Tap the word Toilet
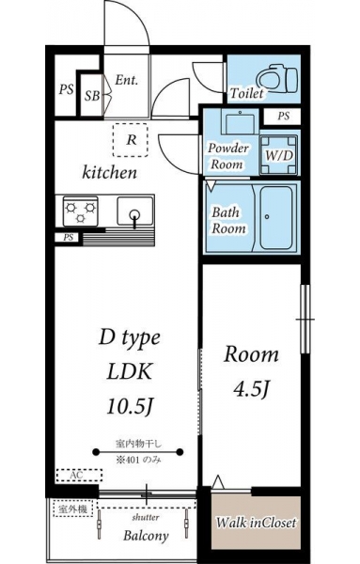click(x=246, y=93)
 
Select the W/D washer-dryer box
click(x=279, y=155)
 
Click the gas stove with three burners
click(x=80, y=211)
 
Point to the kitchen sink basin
click(x=134, y=211)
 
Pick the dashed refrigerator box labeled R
click(x=131, y=140)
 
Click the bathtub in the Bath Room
click(x=275, y=217)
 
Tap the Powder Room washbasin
click(x=240, y=121)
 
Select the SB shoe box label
click(x=92, y=96)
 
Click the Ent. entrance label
click(x=127, y=80)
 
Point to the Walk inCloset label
click(x=256, y=523)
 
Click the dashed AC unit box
click(x=79, y=475)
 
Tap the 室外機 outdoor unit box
click(x=72, y=509)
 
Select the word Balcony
click(x=146, y=536)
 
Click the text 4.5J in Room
click(x=251, y=389)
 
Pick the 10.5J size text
click(x=131, y=406)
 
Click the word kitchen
click(x=110, y=172)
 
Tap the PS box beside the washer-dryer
click(x=283, y=117)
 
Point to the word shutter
click(x=146, y=518)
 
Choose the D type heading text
click(x=130, y=338)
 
